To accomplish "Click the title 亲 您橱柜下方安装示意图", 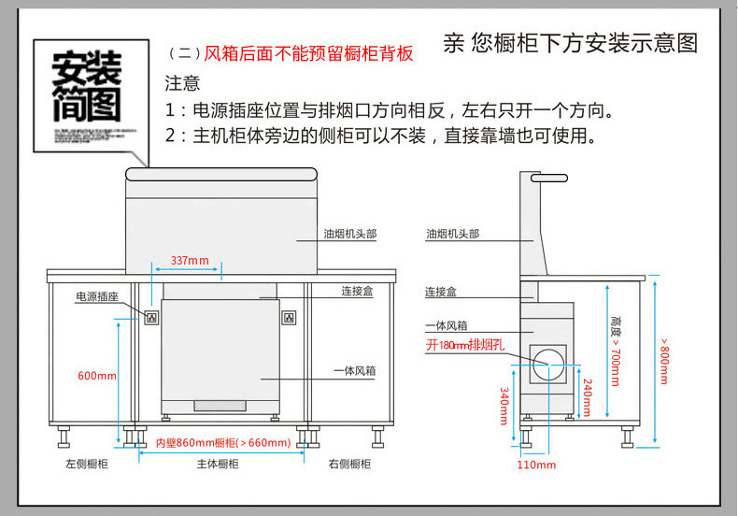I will pyautogui.click(x=570, y=43).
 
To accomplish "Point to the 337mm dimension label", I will pyautogui.click(x=190, y=260).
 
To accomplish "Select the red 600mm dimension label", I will pyautogui.click(x=96, y=376).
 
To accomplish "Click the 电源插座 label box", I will pyautogui.click(x=97, y=296).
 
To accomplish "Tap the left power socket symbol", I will pyautogui.click(x=150, y=318).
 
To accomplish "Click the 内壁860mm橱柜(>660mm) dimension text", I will pyautogui.click(x=223, y=443).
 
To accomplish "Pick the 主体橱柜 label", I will pyautogui.click(x=217, y=465).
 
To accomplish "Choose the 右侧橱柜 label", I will pyautogui.click(x=350, y=465).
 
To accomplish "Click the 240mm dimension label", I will pyautogui.click(x=587, y=397).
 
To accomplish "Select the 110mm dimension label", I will pyautogui.click(x=536, y=466).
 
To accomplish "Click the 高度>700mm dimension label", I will pyautogui.click(x=614, y=350).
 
